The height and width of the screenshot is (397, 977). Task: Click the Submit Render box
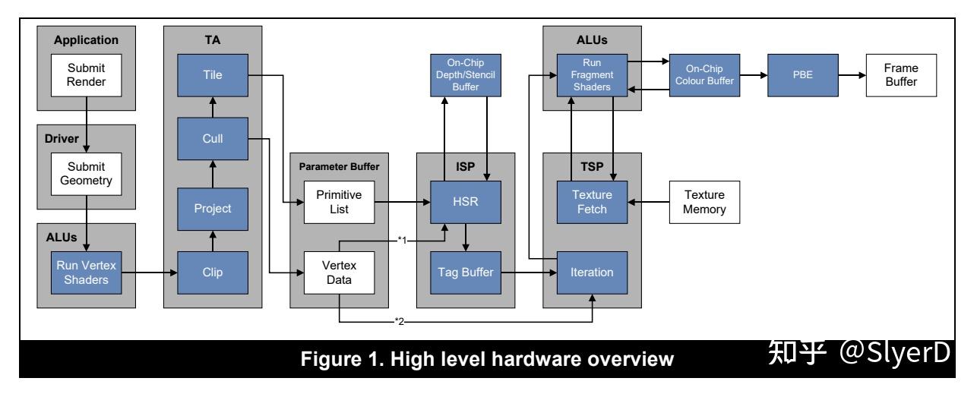pyautogui.click(x=87, y=75)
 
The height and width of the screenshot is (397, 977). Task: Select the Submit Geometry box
pyautogui.click(x=87, y=174)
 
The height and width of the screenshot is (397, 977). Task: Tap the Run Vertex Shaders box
pyautogui.click(x=87, y=273)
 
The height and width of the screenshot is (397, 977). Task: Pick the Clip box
pyautogui.click(x=213, y=273)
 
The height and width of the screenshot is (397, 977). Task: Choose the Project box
pyautogui.click(x=213, y=210)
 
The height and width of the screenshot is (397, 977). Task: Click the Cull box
pyautogui.click(x=213, y=139)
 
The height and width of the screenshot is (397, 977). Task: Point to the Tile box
pyautogui.click(x=213, y=75)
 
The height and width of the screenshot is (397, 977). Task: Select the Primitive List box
pyautogui.click(x=340, y=202)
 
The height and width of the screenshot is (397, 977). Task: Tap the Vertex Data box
pyautogui.click(x=340, y=273)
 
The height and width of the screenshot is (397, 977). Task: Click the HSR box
pyautogui.click(x=466, y=202)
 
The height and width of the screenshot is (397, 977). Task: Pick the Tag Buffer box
pyautogui.click(x=466, y=273)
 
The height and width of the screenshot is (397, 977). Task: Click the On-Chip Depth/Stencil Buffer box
pyautogui.click(x=466, y=75)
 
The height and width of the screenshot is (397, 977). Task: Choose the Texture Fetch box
pyautogui.click(x=593, y=202)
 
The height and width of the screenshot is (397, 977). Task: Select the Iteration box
pyautogui.click(x=593, y=273)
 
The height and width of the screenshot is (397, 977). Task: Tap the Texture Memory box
pyautogui.click(x=705, y=202)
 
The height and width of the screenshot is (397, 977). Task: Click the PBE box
pyautogui.click(x=803, y=75)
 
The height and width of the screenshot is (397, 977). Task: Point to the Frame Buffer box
pyautogui.click(x=902, y=75)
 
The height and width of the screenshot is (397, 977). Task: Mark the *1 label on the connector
pyautogui.click(x=402, y=240)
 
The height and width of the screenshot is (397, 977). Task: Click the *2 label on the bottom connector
pyautogui.click(x=399, y=322)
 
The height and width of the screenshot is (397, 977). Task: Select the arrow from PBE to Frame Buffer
pyautogui.click(x=852, y=75)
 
